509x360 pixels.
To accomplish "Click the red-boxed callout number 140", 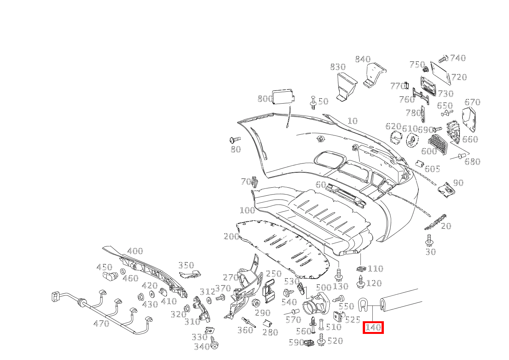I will click(373, 327).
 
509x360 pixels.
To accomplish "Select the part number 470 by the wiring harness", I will click(101, 324).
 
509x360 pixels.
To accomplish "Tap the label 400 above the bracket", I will click(135, 251).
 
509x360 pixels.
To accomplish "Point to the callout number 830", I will click(337, 67).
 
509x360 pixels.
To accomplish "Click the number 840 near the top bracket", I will click(363, 59).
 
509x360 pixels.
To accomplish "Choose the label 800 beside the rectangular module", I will click(265, 99).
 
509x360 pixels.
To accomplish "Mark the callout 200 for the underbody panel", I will click(231, 236).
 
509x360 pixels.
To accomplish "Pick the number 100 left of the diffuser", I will click(247, 210).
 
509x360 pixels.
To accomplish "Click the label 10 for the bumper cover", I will click(352, 121).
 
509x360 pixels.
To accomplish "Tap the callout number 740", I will click(458, 58).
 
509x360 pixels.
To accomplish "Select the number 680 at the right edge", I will click(472, 162).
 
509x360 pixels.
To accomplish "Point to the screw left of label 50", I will click(313, 102).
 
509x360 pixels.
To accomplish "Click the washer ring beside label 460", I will click(123, 272).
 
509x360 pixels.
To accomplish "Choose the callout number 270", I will click(231, 277).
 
